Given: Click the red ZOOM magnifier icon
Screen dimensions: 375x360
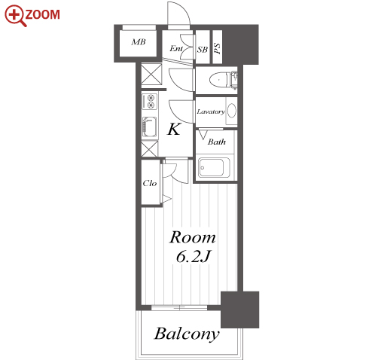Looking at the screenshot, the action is pyautogui.click(x=16, y=16).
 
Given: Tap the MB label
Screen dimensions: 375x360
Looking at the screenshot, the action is pyautogui.click(x=139, y=42).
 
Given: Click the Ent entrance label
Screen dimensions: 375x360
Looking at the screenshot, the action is pyautogui.click(x=176, y=48).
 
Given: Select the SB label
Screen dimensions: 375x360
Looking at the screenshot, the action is pyautogui.click(x=203, y=50).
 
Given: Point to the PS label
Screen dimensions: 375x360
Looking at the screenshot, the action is pyautogui.click(x=218, y=48).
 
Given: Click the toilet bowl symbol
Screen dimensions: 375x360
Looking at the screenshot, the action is pyautogui.click(x=220, y=80).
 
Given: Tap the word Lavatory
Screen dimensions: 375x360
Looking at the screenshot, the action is pyautogui.click(x=211, y=111).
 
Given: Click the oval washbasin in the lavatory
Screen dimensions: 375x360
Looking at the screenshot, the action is pyautogui.click(x=232, y=111).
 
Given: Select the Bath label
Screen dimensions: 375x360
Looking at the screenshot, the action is pyautogui.click(x=216, y=142).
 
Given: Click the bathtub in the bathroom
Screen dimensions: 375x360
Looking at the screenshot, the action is pyautogui.click(x=214, y=167).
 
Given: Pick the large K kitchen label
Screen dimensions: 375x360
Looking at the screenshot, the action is pyautogui.click(x=174, y=130).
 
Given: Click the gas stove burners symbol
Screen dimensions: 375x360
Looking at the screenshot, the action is pyautogui.click(x=150, y=101).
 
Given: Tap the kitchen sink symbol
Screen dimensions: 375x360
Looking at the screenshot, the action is pyautogui.click(x=150, y=127).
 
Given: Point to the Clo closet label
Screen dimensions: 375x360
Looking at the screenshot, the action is pyautogui.click(x=150, y=183).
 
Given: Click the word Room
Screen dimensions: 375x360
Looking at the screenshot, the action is pyautogui.click(x=193, y=237).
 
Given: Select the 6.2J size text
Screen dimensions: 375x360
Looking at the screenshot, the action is pyautogui.click(x=193, y=257).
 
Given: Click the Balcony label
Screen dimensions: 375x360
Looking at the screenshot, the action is pyautogui.click(x=187, y=334).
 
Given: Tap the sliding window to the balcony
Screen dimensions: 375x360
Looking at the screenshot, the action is pyautogui.click(x=179, y=307).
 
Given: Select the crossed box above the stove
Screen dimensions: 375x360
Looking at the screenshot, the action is pyautogui.click(x=151, y=74).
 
